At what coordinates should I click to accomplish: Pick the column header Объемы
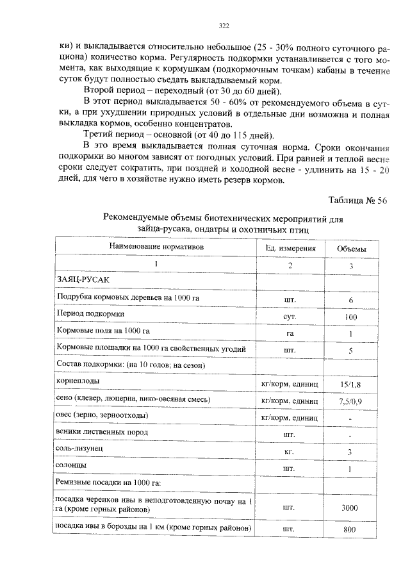tap(352, 248)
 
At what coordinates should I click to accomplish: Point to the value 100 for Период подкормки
tap(350, 317)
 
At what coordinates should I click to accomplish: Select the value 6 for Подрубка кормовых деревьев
tap(351, 300)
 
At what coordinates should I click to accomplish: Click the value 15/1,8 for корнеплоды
tap(351, 384)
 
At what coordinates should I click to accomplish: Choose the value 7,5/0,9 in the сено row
tap(351, 401)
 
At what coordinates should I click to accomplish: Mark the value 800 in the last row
tap(350, 530)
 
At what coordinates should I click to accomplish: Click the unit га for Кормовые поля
tap(290, 334)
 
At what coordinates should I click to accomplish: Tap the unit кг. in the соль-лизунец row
tap(289, 452)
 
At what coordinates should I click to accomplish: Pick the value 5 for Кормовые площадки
tap(351, 351)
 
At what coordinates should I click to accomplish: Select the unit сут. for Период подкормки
tap(289, 317)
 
